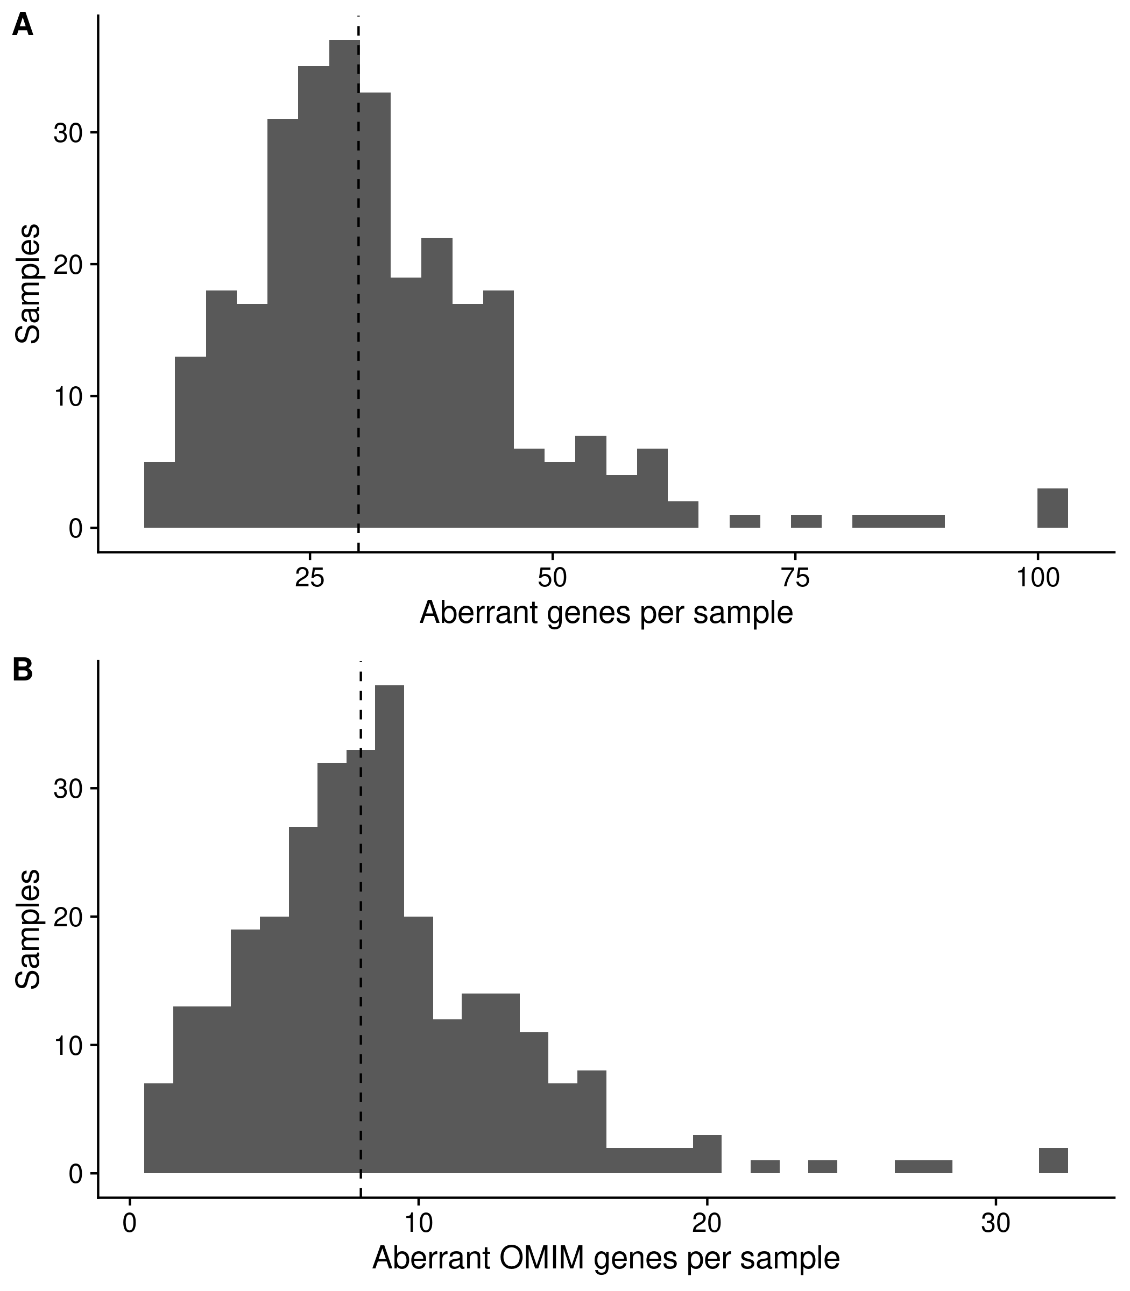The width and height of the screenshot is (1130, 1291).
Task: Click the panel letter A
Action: pos(23,26)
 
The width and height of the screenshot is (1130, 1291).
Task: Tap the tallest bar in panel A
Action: pos(344,283)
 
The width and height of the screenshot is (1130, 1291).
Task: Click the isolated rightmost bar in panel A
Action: pos(1053,508)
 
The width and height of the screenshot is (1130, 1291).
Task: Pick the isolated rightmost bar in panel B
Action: pos(1053,1160)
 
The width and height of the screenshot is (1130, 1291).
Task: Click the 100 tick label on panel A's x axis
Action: pos(1037,579)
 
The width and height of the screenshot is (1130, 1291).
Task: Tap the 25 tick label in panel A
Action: pos(309,579)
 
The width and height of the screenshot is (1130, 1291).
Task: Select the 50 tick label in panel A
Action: pos(553,579)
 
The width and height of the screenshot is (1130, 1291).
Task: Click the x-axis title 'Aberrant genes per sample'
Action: pos(606,613)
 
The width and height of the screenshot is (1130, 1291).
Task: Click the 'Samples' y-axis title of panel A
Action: pos(29,283)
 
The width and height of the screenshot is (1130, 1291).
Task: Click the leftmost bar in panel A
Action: pos(159,495)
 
